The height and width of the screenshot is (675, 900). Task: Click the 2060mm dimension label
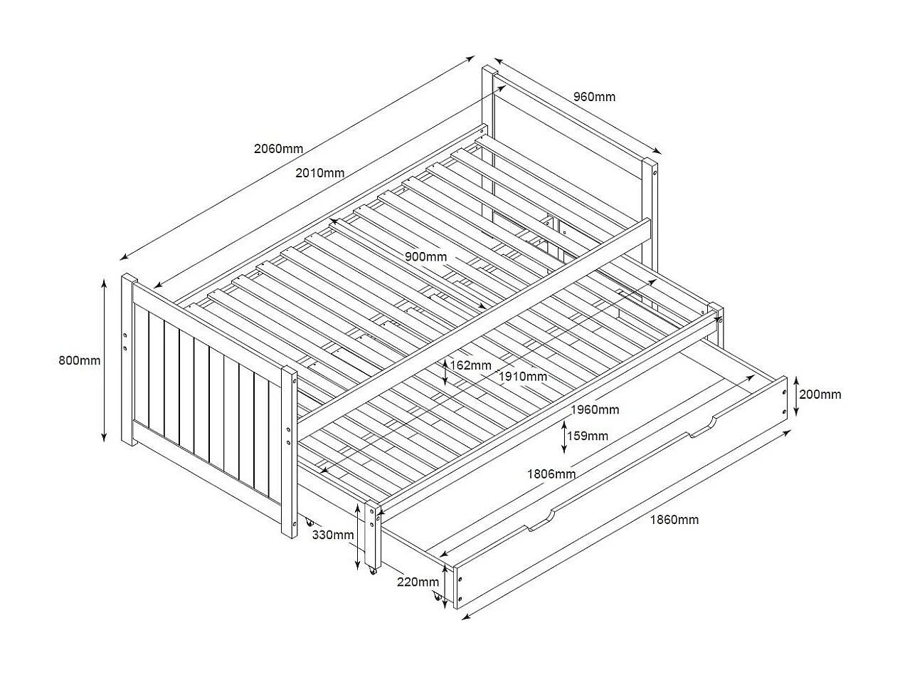tap(278, 149)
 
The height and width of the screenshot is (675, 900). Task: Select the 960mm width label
tap(594, 97)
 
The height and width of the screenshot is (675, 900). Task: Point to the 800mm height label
tap(80, 360)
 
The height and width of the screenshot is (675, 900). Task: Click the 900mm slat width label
tap(426, 256)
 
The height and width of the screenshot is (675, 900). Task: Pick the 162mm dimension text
tap(470, 365)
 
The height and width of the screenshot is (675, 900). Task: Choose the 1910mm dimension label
tap(522, 376)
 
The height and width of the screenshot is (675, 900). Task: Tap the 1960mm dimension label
tap(595, 409)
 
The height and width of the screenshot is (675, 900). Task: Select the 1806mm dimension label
tap(551, 474)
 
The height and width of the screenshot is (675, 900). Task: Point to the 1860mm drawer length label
tap(674, 520)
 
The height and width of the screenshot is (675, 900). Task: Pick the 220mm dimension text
tap(418, 582)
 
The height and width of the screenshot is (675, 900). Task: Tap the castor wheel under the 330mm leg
tap(371, 570)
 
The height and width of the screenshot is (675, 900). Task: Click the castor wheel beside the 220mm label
tap(436, 597)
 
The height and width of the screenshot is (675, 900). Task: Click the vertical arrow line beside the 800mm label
tap(105, 360)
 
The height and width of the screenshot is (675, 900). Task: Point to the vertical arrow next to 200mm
tap(795, 395)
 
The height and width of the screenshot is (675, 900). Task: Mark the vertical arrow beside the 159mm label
tap(564, 436)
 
